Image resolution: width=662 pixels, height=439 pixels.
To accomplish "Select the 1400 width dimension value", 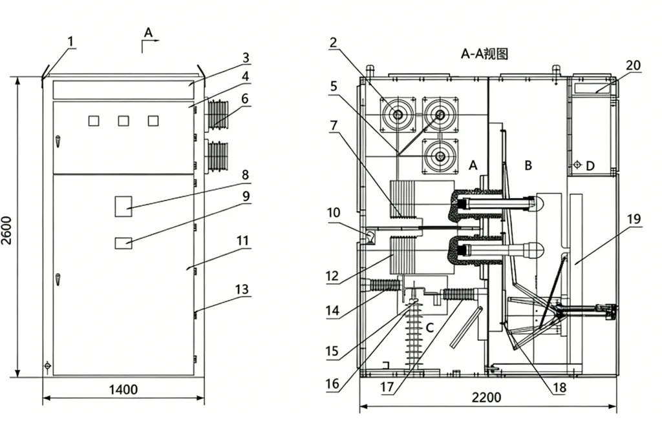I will point(123,389).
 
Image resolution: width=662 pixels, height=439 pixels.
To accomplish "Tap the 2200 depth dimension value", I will point(486,398).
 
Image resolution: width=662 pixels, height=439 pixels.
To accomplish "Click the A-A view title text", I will point(484,54).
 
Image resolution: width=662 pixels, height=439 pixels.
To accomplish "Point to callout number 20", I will point(634,65).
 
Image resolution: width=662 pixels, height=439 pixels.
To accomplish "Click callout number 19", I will point(634,219).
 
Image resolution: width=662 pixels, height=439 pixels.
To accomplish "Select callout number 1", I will point(71,42).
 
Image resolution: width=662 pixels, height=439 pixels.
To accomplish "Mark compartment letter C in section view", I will point(429,327).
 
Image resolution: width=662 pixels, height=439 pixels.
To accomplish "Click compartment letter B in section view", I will point(528,166).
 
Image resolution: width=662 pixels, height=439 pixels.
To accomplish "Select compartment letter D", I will point(590,166).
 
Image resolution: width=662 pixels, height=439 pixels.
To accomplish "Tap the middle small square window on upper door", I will point(123,121).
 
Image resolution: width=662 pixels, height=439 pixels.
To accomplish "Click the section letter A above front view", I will point(148,32).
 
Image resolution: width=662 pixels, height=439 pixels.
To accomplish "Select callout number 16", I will point(332,383).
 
